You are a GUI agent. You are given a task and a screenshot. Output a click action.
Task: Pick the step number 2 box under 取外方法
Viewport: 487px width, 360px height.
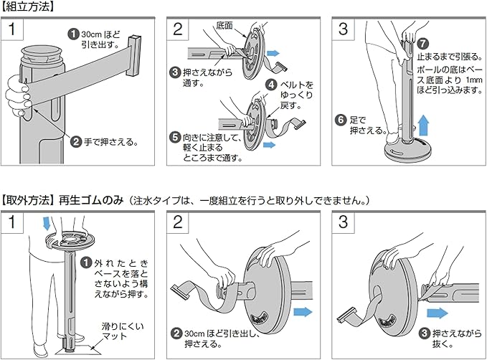coord(179,222)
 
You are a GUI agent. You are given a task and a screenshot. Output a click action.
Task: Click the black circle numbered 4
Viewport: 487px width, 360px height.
coord(272,85)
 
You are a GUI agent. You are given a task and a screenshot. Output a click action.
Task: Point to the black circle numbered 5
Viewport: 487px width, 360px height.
coord(174,136)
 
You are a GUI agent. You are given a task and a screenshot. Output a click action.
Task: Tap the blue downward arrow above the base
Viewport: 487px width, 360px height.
coord(48,223)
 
